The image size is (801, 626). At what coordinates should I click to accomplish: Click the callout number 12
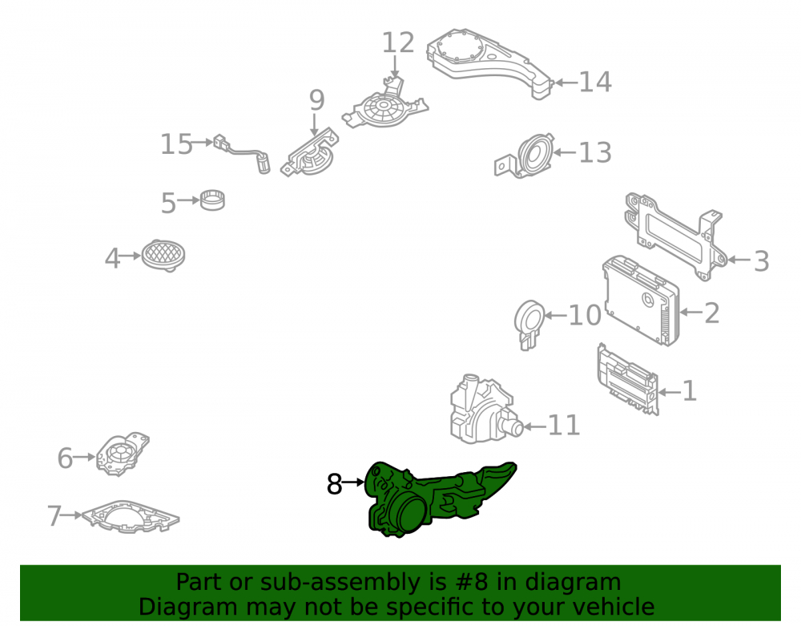coord(398,43)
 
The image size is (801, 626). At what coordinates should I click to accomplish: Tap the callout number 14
coord(594,83)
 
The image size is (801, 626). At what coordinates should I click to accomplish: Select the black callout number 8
coord(334,483)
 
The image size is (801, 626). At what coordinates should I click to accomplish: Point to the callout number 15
coord(176,144)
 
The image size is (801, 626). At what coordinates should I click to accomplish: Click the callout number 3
coord(761,261)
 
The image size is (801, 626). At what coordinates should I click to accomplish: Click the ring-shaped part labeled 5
coord(212,200)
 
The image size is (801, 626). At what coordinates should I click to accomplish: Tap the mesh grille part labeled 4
coord(163,255)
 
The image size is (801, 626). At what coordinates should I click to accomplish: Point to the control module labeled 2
coord(641,300)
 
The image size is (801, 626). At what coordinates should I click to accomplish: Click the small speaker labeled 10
coord(529,322)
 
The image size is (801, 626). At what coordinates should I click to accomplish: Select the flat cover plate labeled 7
coord(131,517)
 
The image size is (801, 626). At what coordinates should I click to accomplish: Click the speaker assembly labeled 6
coord(123,454)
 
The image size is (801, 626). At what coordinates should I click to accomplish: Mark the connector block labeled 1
coord(628,378)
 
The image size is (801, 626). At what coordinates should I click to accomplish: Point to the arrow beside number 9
coord(314,125)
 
